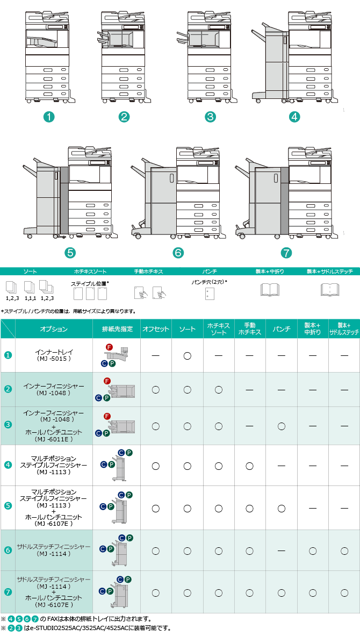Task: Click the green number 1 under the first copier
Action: click(x=49, y=117)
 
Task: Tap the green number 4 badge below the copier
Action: click(x=294, y=117)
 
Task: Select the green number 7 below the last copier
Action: click(x=286, y=253)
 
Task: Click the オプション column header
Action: click(x=54, y=329)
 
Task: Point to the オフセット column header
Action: click(x=156, y=329)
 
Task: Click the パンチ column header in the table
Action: click(x=282, y=329)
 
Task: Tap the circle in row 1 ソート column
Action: click(x=188, y=356)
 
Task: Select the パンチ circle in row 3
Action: click(x=282, y=426)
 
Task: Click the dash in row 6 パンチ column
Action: click(x=282, y=551)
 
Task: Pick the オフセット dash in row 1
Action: click(x=156, y=356)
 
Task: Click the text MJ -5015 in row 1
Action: click(x=54, y=359)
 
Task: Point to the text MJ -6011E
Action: click(x=54, y=439)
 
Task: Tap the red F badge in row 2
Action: click(x=107, y=381)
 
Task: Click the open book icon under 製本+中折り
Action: click(x=270, y=290)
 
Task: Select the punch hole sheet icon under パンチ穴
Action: click(x=209, y=293)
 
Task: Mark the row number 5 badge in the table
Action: click(x=8, y=506)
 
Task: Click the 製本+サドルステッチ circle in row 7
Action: click(x=344, y=593)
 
